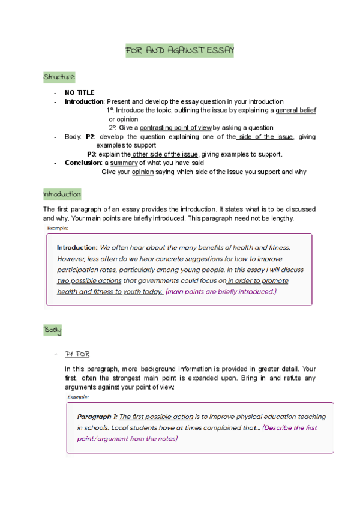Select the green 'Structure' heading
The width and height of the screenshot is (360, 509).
[59, 77]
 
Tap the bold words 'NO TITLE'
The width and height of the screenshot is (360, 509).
[80, 92]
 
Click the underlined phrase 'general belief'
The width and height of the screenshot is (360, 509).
[296, 110]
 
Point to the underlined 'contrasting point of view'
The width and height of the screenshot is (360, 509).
[176, 128]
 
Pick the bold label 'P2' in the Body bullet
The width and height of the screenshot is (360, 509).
[91, 137]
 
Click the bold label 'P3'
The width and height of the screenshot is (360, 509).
[92, 154]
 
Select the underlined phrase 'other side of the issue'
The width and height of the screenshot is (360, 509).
[164, 154]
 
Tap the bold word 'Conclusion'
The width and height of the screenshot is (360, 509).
[82, 163]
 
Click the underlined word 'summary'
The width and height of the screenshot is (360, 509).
[124, 163]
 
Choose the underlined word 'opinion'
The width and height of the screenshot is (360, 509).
[143, 172]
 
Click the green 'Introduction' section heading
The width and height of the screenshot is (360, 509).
[62, 195]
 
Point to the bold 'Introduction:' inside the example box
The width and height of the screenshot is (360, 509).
[77, 247]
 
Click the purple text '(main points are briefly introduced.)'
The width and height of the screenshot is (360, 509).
[221, 291]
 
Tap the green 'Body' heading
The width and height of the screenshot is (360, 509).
[52, 330]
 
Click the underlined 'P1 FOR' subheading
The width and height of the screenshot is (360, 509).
[77, 354]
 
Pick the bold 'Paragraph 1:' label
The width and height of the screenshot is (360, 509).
[97, 417]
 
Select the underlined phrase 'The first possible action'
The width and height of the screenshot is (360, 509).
[156, 417]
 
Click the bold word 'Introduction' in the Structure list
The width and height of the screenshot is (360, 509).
[84, 101]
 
